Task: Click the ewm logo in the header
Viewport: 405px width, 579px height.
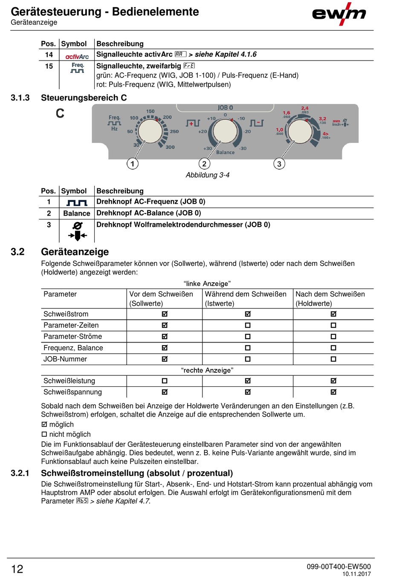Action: (339, 14)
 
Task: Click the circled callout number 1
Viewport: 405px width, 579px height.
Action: (133, 164)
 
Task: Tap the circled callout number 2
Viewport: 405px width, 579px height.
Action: (204, 164)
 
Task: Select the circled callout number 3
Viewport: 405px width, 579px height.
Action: (279, 164)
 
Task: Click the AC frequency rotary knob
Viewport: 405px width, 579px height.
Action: (150, 131)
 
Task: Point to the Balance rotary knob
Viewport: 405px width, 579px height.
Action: (225, 131)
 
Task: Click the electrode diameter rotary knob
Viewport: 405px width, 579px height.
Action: (301, 131)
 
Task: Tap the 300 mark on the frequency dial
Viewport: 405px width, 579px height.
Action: (170, 147)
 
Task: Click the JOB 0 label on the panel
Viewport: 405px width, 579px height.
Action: (225, 108)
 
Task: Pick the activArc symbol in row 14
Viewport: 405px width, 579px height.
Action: (77, 56)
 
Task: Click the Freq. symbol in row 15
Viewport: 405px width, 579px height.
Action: (78, 68)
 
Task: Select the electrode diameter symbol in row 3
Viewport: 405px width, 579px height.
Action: (77, 231)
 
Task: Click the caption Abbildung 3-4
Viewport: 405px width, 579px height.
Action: (208, 175)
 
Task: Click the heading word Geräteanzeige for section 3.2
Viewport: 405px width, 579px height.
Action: (75, 252)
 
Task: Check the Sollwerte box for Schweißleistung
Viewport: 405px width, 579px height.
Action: (165, 381)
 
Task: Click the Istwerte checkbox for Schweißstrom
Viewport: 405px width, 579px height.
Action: (248, 314)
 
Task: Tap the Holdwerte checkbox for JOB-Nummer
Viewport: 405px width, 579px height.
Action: (333, 359)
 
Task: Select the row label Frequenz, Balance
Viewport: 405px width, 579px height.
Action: (73, 348)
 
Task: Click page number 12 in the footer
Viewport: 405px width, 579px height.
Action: (17, 569)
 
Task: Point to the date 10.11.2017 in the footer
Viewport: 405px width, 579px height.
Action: (356, 574)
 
